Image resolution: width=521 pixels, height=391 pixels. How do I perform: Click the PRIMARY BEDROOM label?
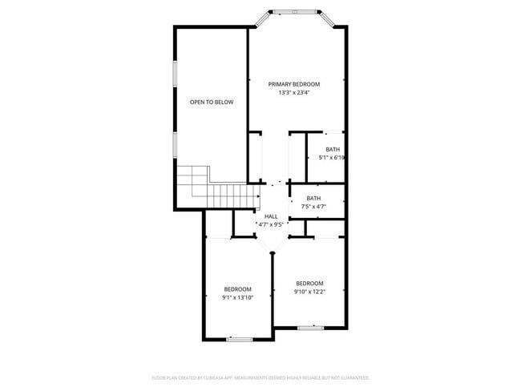[x=294, y=84]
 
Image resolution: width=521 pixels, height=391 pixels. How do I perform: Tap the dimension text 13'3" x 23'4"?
[x=294, y=92]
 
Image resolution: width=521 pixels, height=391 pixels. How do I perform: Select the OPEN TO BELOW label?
[x=212, y=102]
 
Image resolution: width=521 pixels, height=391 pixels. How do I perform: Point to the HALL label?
[x=271, y=216]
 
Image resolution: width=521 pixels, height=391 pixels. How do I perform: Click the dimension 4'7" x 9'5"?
[x=271, y=224]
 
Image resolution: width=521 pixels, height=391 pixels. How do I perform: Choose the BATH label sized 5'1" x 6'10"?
[x=332, y=149]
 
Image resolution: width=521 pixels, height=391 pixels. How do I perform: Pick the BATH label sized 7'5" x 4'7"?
[x=313, y=198]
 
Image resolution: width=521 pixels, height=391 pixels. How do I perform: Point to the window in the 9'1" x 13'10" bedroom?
[x=240, y=339]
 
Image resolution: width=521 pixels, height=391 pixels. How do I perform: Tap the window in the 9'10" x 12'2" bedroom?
[x=309, y=327]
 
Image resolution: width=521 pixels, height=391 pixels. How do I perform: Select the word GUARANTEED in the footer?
[x=353, y=377]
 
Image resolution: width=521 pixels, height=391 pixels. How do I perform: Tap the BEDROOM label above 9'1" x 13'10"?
[x=238, y=289]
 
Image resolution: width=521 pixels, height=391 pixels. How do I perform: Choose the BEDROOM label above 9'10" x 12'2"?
[x=309, y=284]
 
